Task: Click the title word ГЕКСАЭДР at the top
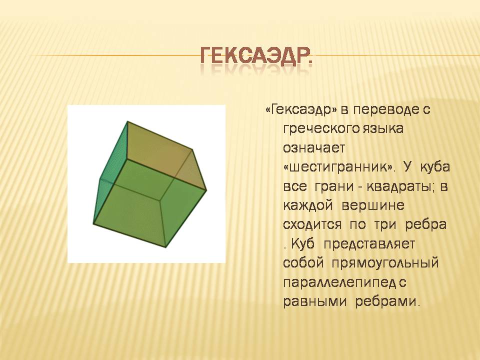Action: tap(256, 56)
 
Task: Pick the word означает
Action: tap(314, 148)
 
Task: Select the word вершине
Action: tap(373, 205)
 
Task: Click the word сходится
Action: tap(312, 225)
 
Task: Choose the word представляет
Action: tap(369, 244)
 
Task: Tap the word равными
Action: tap(315, 302)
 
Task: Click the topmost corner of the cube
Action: tap(127, 121)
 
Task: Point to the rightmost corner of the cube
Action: tap(206, 190)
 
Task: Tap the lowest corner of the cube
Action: tap(165, 247)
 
